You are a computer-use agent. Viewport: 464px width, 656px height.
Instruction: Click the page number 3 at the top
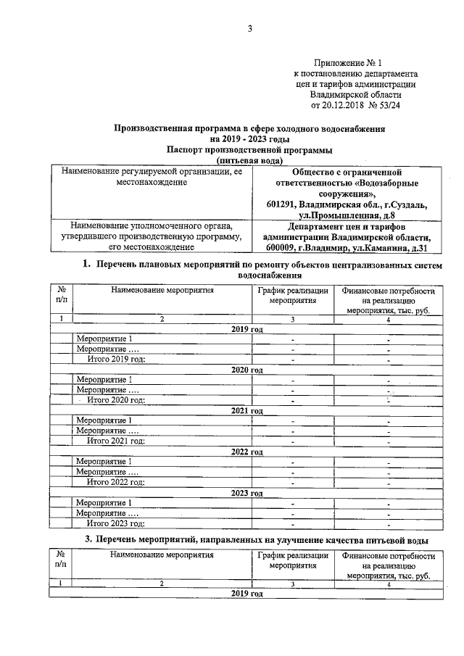[x=249, y=29]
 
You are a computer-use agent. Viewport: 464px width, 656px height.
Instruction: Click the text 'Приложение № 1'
[x=347, y=64]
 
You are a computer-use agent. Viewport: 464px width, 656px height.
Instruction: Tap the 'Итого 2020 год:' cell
[x=116, y=399]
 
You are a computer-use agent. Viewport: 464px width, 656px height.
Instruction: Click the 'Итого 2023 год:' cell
[x=116, y=523]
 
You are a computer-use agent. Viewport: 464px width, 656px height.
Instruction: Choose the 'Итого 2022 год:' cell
[x=116, y=482]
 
